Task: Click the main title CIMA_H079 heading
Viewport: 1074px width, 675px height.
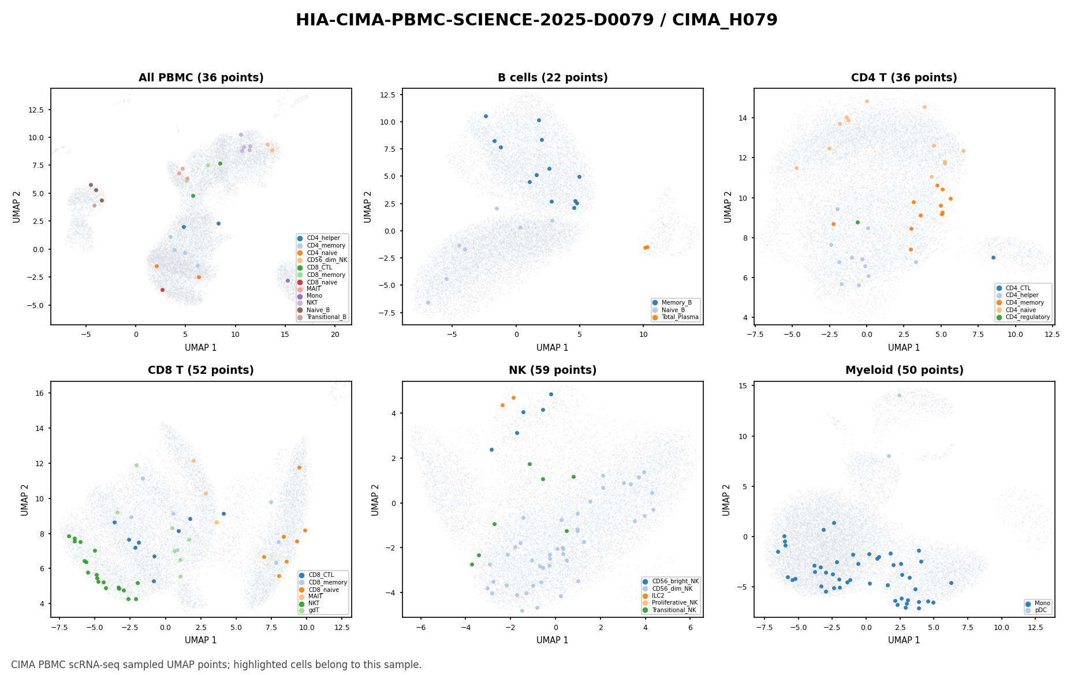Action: (536, 20)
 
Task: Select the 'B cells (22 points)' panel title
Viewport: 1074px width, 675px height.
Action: (553, 78)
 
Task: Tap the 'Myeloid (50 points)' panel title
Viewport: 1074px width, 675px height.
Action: (904, 370)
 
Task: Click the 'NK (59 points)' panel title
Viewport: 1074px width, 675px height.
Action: (553, 370)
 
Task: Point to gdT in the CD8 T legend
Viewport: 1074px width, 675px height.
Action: (314, 610)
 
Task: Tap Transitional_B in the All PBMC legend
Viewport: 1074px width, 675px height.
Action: (326, 317)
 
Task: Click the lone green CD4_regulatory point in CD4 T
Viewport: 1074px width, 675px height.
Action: (857, 222)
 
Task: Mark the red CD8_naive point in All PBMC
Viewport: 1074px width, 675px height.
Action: (162, 290)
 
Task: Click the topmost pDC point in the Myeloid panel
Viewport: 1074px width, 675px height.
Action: (899, 395)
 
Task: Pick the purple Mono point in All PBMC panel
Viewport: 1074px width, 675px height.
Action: (288, 280)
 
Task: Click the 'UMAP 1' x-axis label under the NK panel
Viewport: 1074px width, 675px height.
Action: (553, 640)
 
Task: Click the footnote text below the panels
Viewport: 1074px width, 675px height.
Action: (217, 665)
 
